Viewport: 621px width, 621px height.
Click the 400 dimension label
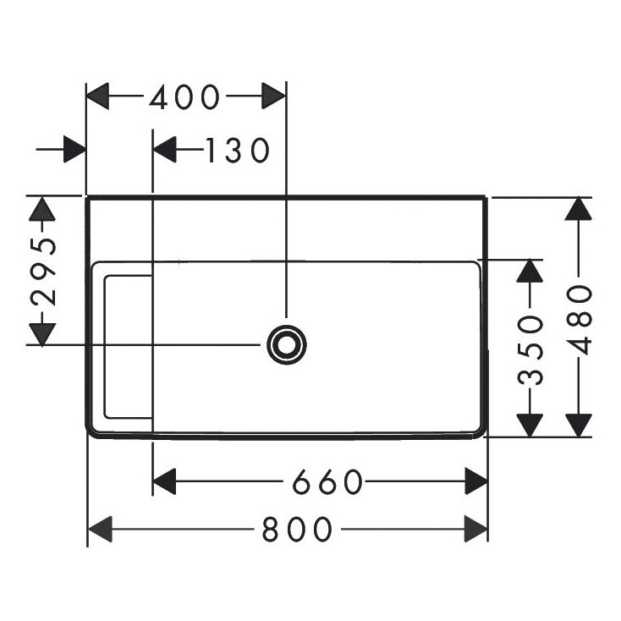[x=184, y=97]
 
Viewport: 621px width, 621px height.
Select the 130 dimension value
[x=236, y=150]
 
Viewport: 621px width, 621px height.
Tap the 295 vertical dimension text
[x=42, y=271]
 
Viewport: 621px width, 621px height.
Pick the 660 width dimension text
[x=327, y=482]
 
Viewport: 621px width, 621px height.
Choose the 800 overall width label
[x=296, y=530]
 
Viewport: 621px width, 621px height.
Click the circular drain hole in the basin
[x=286, y=344]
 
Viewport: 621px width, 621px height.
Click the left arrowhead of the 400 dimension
[x=99, y=96]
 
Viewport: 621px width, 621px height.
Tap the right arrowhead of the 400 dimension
[x=274, y=96]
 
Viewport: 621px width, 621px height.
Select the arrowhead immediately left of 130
[x=164, y=150]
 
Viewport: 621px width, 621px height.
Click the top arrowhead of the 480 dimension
[x=579, y=209]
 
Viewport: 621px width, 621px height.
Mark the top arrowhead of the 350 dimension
[x=530, y=271]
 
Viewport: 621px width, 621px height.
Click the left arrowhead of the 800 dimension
[x=100, y=530]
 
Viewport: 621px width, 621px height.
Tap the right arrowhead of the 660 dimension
[x=476, y=482]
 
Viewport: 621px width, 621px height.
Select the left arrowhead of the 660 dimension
[x=164, y=482]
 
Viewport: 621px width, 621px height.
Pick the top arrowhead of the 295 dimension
[x=41, y=208]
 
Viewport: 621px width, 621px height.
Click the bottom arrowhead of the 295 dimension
[x=41, y=333]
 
